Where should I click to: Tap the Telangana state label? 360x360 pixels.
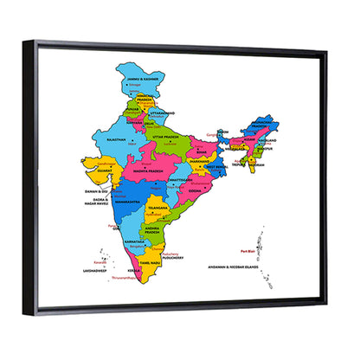click(x=157, y=209)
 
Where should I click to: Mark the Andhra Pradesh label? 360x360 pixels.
click(x=152, y=230)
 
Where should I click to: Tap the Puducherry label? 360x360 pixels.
click(x=164, y=257)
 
